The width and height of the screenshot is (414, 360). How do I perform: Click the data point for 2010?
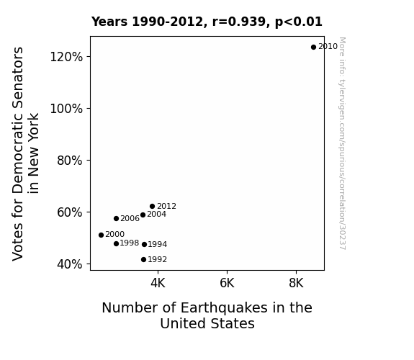point(313,48)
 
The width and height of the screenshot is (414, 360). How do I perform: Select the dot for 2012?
point(153,207)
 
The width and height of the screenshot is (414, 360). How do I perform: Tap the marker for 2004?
point(143,215)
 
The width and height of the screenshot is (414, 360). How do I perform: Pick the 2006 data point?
point(116,218)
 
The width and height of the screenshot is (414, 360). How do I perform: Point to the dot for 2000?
point(101,235)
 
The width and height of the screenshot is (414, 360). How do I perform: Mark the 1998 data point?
point(116,244)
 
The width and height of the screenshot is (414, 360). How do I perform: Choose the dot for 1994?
point(144,245)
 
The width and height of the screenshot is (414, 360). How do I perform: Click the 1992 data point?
point(143,260)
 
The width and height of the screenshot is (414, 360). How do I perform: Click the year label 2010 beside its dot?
point(328,47)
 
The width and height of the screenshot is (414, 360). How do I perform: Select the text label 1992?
point(158,260)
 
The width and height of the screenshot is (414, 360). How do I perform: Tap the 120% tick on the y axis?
point(66,57)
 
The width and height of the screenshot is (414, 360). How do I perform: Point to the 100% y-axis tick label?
point(66,109)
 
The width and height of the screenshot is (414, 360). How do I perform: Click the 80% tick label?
point(69,161)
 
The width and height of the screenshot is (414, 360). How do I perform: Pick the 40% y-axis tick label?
point(69,264)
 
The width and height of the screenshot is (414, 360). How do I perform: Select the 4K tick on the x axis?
point(158,283)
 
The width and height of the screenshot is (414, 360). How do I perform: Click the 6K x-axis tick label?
point(227,283)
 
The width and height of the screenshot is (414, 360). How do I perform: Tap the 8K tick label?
point(296,283)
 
